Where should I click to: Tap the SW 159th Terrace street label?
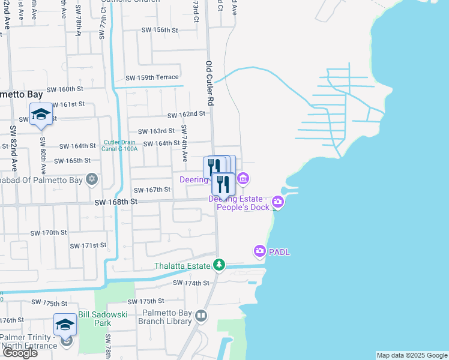click(152, 77)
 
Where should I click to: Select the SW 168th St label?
click(116, 203)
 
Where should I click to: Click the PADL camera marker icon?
click(260, 251)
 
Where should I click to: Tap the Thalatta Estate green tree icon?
click(220, 265)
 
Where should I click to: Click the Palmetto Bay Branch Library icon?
click(202, 316)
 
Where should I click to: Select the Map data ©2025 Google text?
click(412, 355)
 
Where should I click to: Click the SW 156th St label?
click(160, 29)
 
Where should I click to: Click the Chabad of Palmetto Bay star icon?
click(91, 178)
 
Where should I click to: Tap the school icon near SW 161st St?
click(41, 113)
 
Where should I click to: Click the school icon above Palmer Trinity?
click(65, 325)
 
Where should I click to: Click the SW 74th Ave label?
click(185, 143)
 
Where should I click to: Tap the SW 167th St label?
click(149, 190)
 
